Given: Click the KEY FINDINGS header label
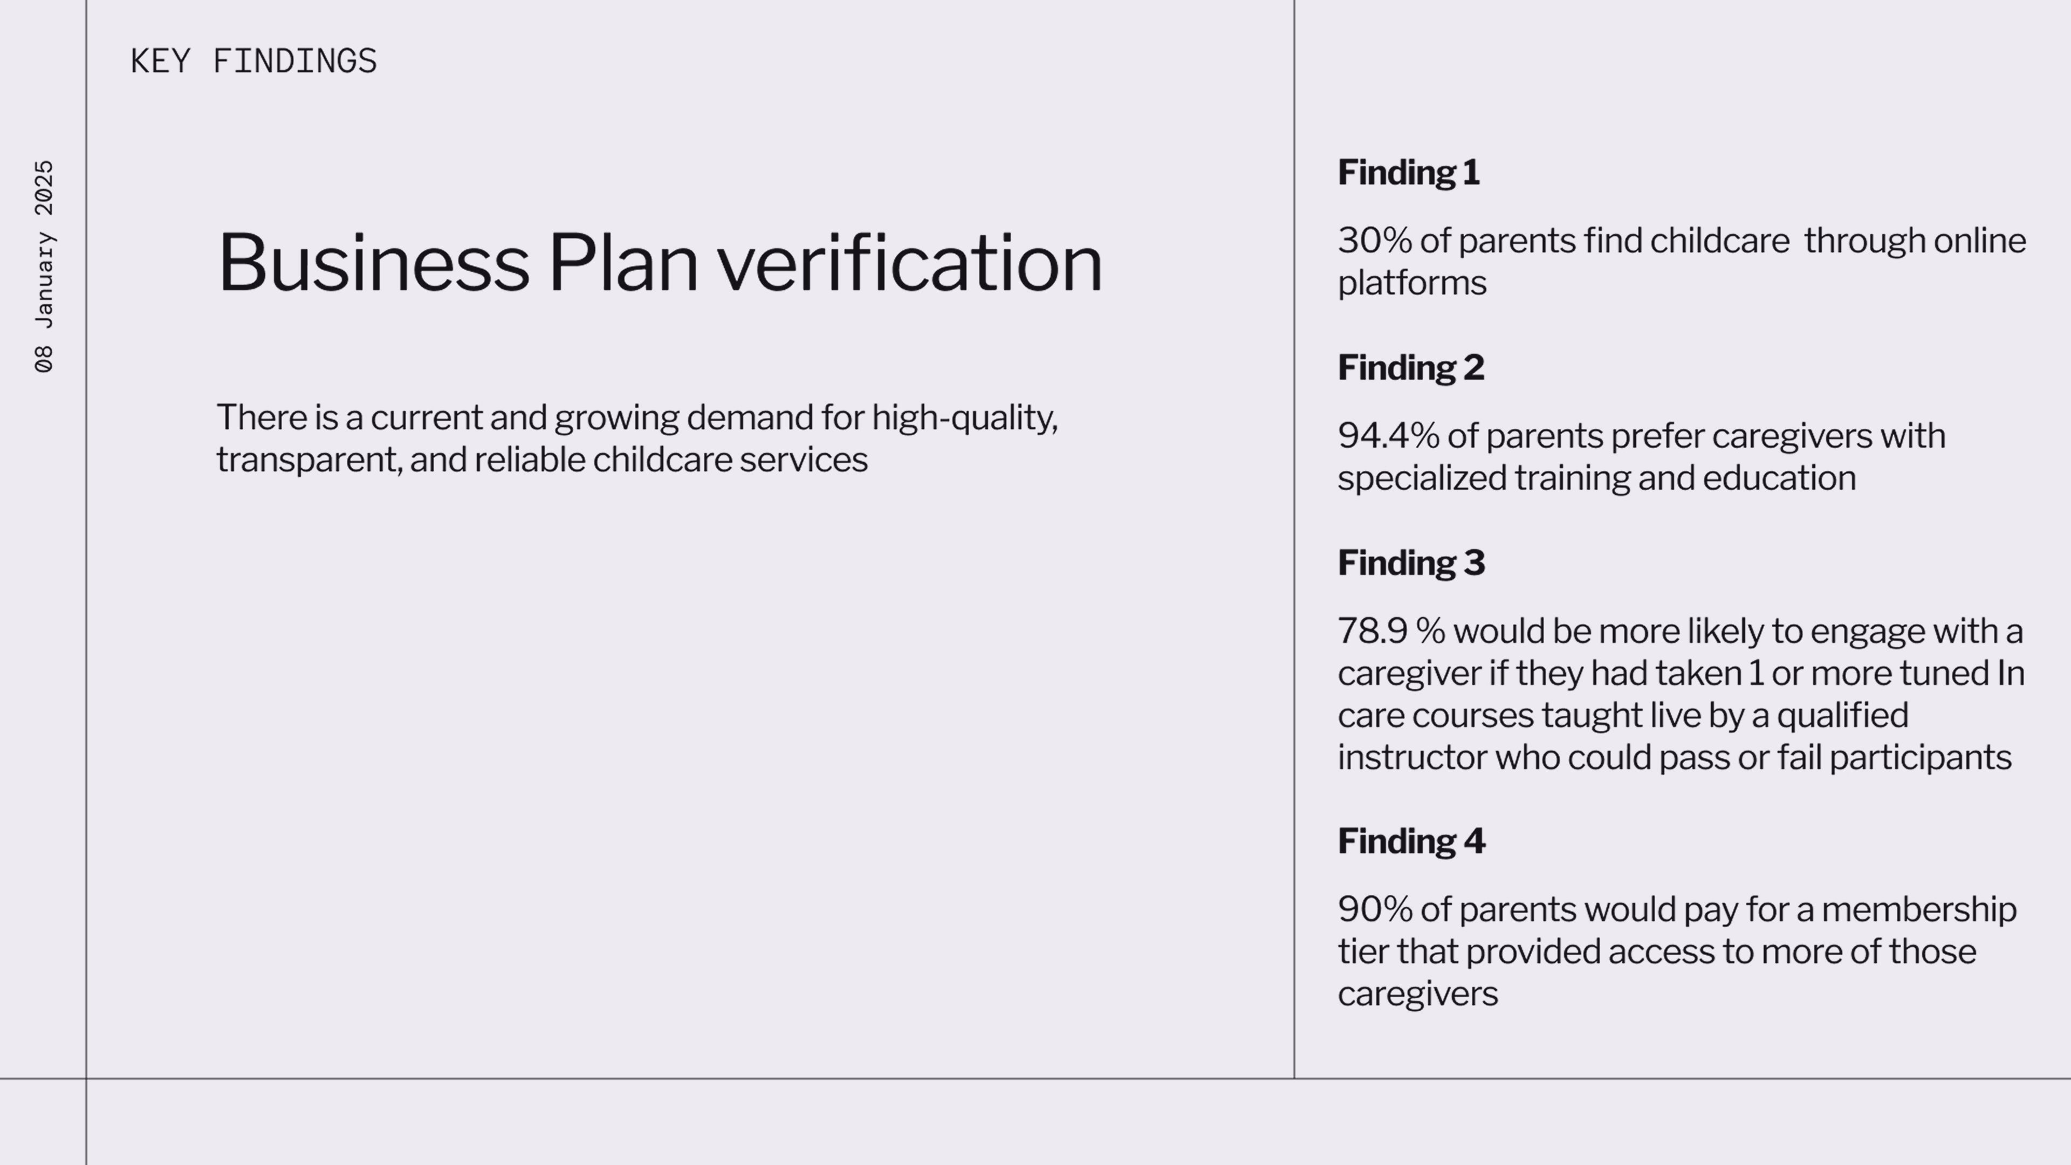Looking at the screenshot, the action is [253, 61].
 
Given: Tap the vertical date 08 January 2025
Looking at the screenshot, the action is [44, 266].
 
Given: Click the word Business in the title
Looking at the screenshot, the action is [374, 262].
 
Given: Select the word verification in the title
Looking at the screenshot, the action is [909, 262].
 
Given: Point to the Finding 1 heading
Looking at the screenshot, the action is [1409, 173].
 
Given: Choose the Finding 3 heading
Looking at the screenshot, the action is [1411, 563].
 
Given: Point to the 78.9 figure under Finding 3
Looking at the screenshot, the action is [1373, 631].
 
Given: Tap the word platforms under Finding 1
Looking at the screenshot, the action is [1412, 284].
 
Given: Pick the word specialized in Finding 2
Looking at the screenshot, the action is [1422, 479].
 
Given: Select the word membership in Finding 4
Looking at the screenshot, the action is [1919, 910].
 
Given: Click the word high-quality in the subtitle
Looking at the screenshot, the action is [965, 418].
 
